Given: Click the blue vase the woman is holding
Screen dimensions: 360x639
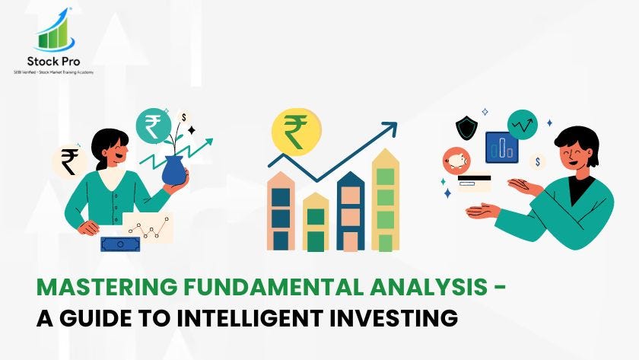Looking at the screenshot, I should (x=173, y=170).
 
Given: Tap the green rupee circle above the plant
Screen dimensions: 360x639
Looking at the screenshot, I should (x=154, y=126).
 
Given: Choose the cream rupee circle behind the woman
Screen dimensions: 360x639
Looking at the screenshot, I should (x=70, y=161).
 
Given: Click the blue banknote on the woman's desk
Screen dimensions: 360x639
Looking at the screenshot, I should (x=119, y=244).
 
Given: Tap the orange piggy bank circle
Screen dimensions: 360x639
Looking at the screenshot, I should (x=457, y=161).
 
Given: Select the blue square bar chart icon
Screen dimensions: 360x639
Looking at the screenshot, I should (x=501, y=147).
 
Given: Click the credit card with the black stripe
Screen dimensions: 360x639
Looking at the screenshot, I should (x=474, y=183).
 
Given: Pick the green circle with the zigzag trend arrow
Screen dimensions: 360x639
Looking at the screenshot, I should (x=523, y=124).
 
